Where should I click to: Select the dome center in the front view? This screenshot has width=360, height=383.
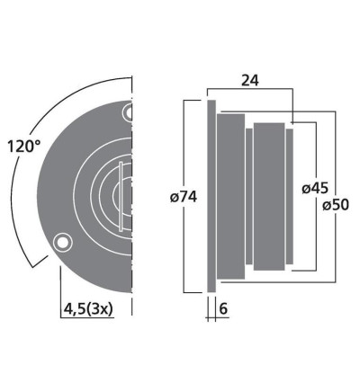(126, 192)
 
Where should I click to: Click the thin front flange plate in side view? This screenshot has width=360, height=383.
(211, 195)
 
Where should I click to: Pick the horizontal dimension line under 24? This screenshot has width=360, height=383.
(252, 90)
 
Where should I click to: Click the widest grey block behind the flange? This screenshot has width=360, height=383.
(232, 195)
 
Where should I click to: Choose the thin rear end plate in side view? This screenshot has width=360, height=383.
(290, 195)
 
